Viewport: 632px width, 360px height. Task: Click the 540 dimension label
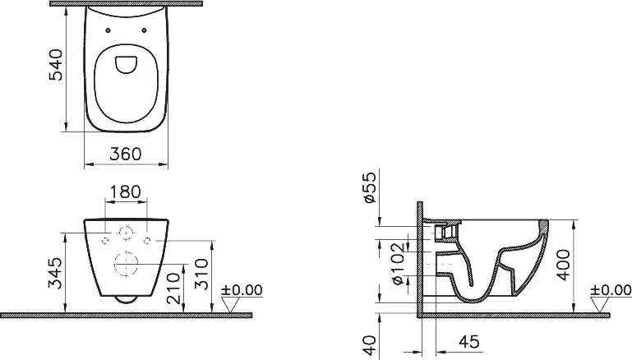tap(56, 65)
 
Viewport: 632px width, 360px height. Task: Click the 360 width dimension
tap(126, 154)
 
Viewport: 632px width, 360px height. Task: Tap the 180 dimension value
tap(126, 192)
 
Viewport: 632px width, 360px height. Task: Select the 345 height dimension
tap(55, 274)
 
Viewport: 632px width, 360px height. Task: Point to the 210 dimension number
tap(173, 288)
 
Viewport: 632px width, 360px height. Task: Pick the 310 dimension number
tap(201, 275)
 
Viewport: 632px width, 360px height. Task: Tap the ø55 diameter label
tap(369, 187)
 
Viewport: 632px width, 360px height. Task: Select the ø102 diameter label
tap(398, 263)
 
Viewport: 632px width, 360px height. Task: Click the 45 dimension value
tap(469, 342)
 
